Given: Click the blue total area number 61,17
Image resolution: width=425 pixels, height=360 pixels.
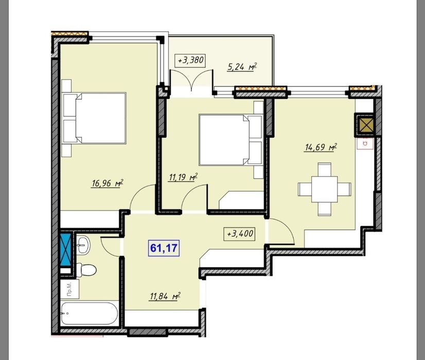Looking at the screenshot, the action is [164, 248].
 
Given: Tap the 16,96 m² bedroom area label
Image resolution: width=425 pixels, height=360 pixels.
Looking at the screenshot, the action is [108, 183].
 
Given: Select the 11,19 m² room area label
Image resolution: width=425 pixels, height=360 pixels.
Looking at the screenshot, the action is [183, 177].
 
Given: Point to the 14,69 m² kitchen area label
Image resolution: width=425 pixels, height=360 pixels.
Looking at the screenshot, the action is [321, 148].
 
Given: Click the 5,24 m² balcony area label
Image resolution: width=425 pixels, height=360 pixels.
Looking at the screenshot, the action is [242, 67].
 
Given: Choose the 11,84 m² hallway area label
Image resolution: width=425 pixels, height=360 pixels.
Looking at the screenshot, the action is [165, 297].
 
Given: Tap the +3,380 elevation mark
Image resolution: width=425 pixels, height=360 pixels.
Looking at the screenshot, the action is [191, 60].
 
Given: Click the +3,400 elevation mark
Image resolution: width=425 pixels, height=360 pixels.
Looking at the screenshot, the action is [239, 234].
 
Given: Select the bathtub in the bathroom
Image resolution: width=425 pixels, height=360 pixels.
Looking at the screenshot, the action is [90, 314].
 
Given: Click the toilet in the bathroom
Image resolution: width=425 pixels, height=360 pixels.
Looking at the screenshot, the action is [86, 270].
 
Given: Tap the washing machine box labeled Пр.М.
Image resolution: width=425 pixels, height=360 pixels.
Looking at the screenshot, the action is [69, 289].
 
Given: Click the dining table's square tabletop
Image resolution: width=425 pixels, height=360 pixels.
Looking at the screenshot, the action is [325, 189].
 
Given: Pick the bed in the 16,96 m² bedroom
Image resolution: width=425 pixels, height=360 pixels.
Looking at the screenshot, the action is [95, 118].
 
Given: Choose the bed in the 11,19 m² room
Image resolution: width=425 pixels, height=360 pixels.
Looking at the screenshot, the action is [231, 140].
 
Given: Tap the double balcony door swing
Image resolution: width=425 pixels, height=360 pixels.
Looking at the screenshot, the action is [191, 80].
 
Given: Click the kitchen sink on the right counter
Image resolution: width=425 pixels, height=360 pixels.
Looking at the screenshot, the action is [365, 143].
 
